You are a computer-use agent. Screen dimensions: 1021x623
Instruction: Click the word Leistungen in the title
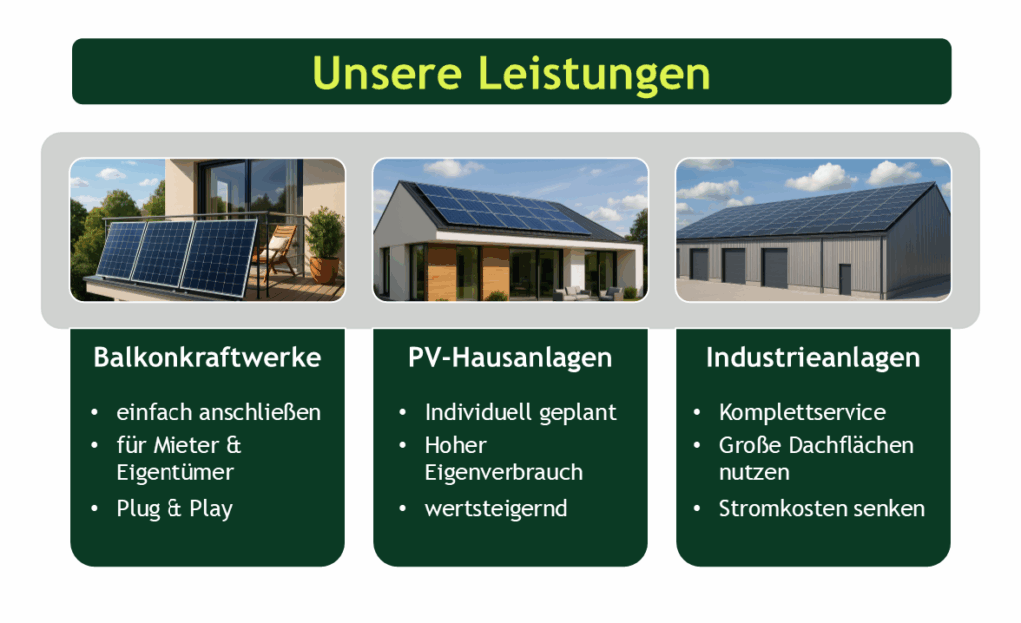coord(593,74)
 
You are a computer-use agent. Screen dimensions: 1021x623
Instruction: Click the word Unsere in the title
coord(387,72)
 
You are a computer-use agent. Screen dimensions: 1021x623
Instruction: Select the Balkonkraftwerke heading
coord(207,358)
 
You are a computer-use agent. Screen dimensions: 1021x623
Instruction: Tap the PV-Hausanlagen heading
coord(510,358)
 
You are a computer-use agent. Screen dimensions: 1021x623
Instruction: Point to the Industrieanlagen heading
coord(814,358)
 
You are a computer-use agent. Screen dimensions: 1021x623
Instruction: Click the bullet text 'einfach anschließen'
coord(218,412)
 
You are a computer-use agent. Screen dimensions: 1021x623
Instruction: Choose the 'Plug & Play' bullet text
coord(174,509)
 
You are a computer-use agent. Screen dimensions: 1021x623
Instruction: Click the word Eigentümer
coord(175,473)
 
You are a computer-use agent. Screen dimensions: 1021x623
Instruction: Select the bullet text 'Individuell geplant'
coord(520,412)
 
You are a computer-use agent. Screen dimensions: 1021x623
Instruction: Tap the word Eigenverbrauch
coord(504,473)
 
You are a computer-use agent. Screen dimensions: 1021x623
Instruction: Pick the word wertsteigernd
coord(496,509)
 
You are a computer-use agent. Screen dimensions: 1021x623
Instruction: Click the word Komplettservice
coord(803,412)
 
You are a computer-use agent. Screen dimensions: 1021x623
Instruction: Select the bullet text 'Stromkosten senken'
coord(822,508)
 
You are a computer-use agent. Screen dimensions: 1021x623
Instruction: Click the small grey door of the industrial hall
coord(845,279)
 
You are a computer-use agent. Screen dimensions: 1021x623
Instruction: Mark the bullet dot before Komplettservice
coord(697,412)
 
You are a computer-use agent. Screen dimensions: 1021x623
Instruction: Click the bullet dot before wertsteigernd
coord(403,509)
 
